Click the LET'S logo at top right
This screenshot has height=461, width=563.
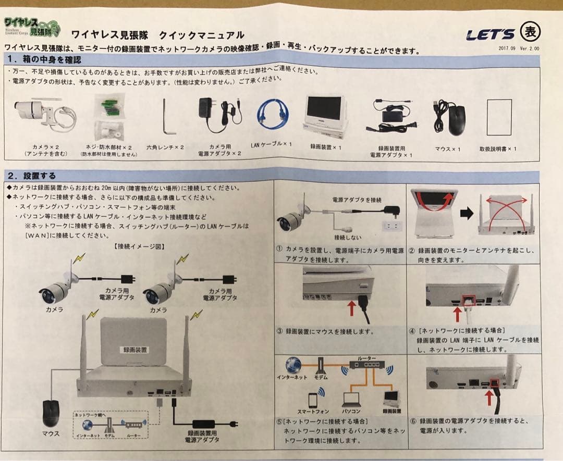point(489,35)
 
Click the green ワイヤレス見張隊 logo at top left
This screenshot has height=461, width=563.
point(32,27)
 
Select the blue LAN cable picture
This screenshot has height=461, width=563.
point(273,115)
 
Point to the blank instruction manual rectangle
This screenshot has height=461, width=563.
point(498,118)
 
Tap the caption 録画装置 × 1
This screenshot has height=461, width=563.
point(326,147)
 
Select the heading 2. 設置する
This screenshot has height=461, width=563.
point(32,176)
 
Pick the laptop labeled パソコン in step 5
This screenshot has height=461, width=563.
point(351,398)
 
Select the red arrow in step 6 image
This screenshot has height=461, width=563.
point(490,398)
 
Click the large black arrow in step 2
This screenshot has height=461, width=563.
point(467,213)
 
